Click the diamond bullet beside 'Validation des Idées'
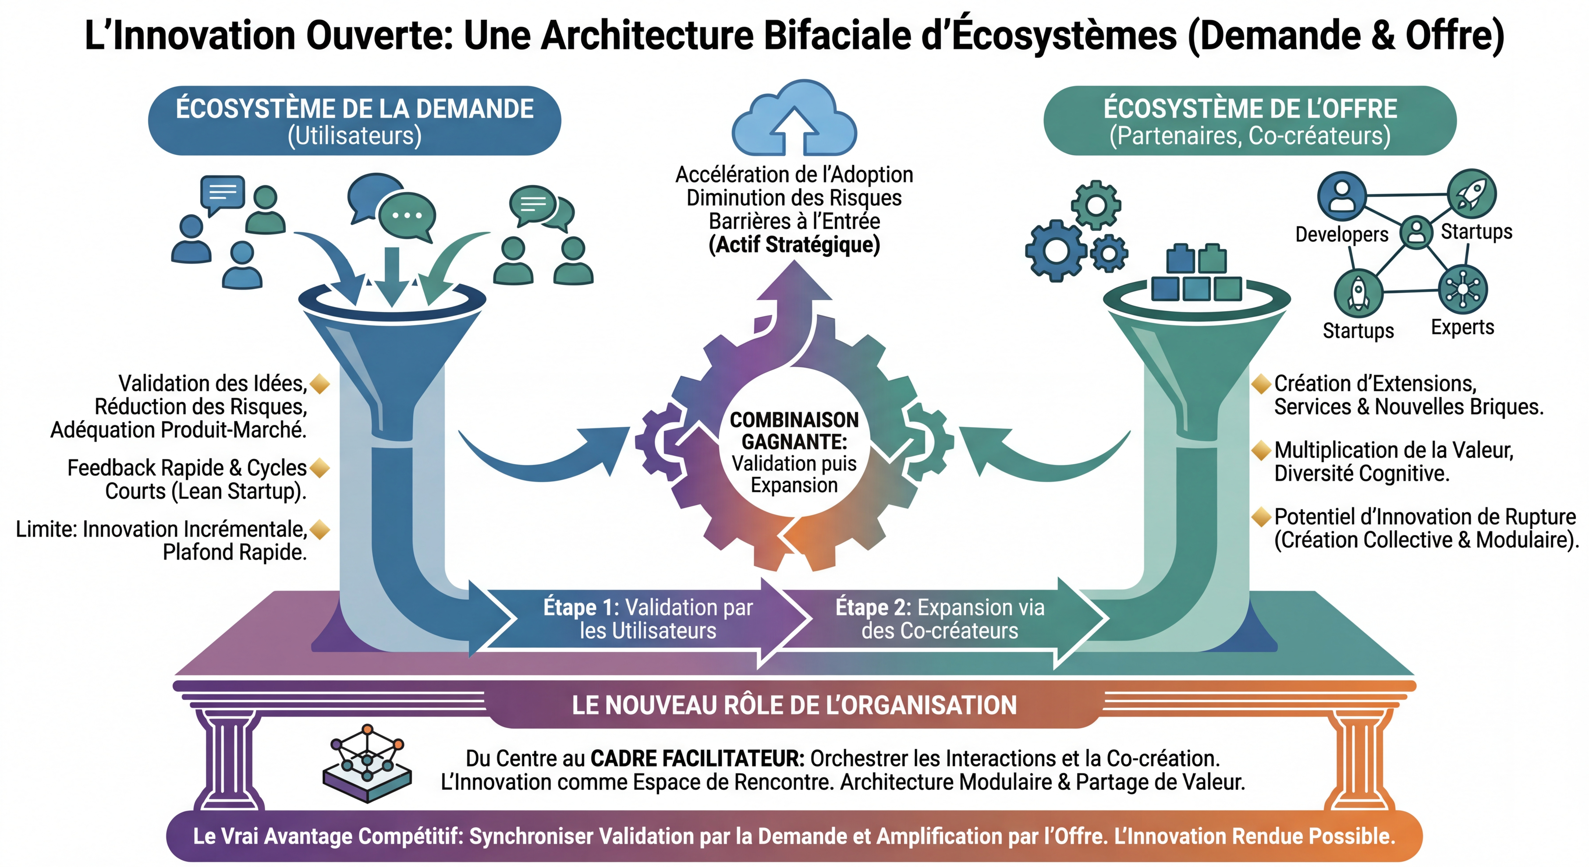click(320, 384)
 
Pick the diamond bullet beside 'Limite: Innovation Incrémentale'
click(320, 529)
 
